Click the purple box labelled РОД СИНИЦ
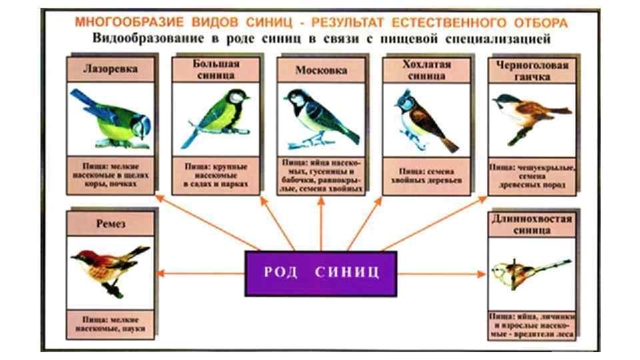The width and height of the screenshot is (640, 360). (x=321, y=273)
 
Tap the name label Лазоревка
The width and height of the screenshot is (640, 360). (x=110, y=69)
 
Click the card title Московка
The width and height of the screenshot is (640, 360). (x=321, y=69)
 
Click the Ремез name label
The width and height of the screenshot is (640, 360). (x=110, y=225)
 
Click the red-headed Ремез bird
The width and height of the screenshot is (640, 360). (x=110, y=267)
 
